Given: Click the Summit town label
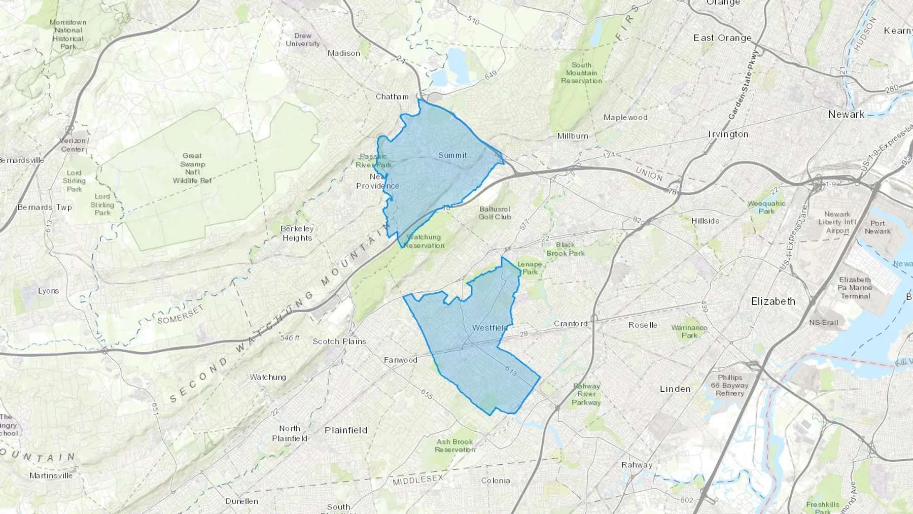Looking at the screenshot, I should [452, 155].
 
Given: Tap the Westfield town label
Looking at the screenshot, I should [489, 328].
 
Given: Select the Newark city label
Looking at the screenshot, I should [846, 115].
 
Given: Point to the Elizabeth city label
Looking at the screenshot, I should [773, 301].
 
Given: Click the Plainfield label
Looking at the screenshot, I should [346, 430].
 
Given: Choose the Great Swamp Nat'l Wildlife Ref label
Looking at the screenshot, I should [192, 168].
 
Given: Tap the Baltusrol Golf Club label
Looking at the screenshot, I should [495, 213].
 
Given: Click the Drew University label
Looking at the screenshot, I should [303, 40].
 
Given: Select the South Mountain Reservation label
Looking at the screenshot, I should [581, 73].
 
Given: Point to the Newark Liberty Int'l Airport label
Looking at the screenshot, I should [837, 222].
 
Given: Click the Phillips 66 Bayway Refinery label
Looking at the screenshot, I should [730, 385].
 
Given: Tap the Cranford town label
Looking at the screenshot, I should [571, 324].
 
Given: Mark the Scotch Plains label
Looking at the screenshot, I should [339, 341].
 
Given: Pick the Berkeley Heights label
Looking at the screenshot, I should [297, 233].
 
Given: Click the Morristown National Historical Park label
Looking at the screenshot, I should [68, 35].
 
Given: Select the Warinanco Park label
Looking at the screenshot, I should [689, 331].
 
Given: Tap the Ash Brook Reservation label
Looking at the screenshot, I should [455, 446].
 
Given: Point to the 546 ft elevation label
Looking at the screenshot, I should [290, 337].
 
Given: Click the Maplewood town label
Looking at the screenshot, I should [625, 118].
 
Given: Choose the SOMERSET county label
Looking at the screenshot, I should [180, 314].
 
